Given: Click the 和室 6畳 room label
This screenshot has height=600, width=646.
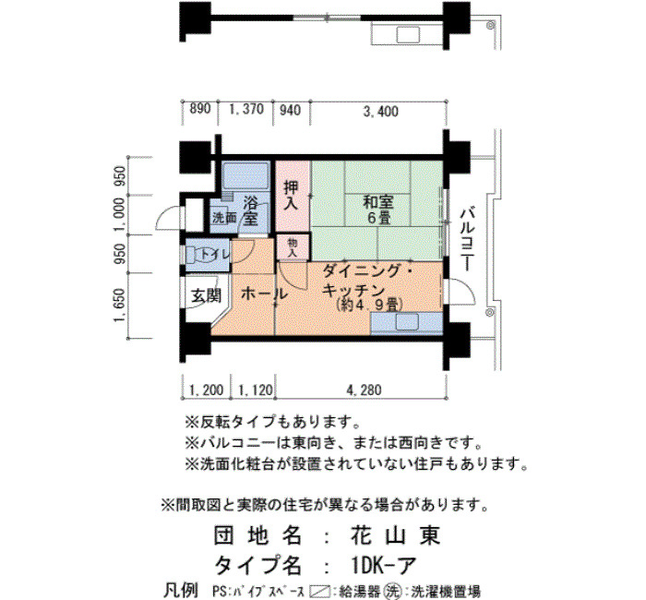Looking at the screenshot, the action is (377, 210).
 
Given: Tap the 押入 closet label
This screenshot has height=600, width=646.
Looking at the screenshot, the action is (292, 196).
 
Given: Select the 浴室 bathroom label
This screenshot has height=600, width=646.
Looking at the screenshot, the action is (250, 210).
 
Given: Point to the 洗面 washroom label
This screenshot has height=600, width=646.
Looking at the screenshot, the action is (224, 218).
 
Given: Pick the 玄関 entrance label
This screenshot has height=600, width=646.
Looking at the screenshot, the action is (206, 295).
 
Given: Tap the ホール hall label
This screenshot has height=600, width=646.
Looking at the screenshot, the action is (264, 294).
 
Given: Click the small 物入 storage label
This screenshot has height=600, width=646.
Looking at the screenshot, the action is (293, 247).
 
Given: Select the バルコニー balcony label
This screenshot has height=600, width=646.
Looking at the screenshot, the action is (467, 240).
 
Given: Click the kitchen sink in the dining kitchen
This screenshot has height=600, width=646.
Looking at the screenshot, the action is (407, 322).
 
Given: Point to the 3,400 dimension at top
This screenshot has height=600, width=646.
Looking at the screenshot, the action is (380, 111).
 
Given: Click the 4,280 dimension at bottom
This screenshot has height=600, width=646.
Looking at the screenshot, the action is (364, 390).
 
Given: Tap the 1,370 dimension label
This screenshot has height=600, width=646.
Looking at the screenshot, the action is (246, 109).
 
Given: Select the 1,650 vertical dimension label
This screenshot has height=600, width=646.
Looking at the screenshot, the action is (119, 306).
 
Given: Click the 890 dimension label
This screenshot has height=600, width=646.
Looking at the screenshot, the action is (200, 109).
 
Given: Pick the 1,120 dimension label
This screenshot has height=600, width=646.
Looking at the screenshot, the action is (256, 390).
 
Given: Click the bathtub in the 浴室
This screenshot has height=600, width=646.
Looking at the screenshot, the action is (245, 176).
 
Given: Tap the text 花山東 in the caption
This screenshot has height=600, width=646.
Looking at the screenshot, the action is (395, 535).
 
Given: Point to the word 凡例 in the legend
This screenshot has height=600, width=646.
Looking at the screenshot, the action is (181, 591).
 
